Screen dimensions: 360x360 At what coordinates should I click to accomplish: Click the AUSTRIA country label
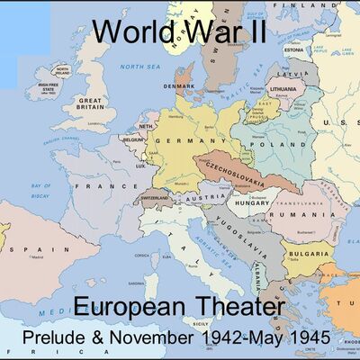(211, 197)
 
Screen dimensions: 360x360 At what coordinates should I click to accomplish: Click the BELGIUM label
(133, 140)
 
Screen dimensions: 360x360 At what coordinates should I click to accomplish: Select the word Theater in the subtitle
(237, 308)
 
